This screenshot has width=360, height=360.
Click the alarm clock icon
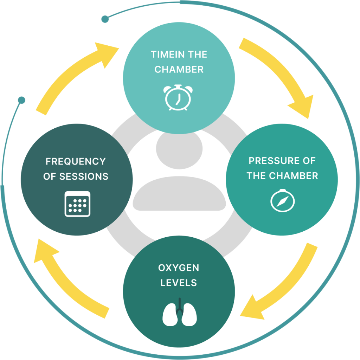[178, 97]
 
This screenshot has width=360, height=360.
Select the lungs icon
[179, 313]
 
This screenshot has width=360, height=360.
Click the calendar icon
[77, 204]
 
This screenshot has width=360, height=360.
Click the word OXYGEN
[179, 268]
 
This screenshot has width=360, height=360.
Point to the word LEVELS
[179, 283]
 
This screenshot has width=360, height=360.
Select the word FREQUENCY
[76, 161]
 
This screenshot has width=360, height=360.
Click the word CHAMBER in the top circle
[179, 70]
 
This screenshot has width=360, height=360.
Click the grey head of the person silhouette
[179, 148]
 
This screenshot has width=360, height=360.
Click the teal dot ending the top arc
[105, 19]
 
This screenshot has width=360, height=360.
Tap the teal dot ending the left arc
[22, 101]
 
